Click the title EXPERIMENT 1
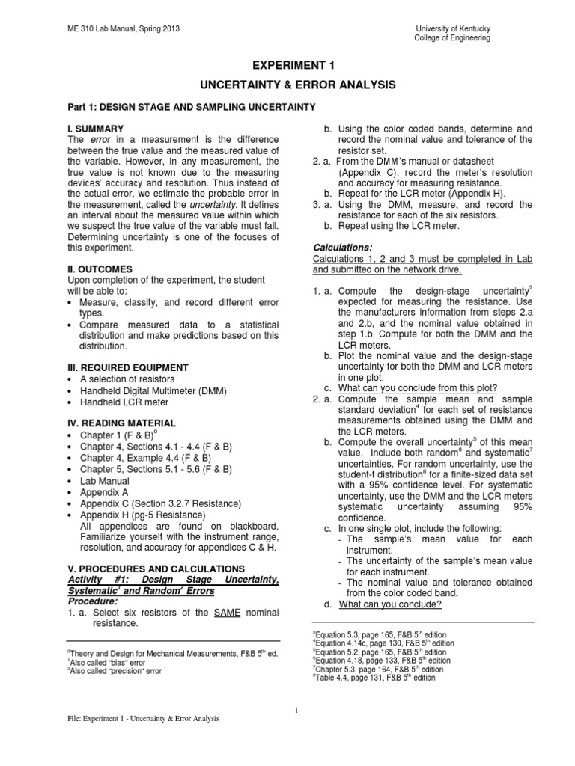click(x=287, y=65)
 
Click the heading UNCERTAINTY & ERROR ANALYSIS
click(x=287, y=85)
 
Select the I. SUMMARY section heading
click(x=96, y=129)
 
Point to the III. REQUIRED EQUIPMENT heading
click(x=128, y=367)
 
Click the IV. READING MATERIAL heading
click(x=122, y=423)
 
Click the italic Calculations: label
click(x=347, y=248)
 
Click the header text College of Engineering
click(x=453, y=38)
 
